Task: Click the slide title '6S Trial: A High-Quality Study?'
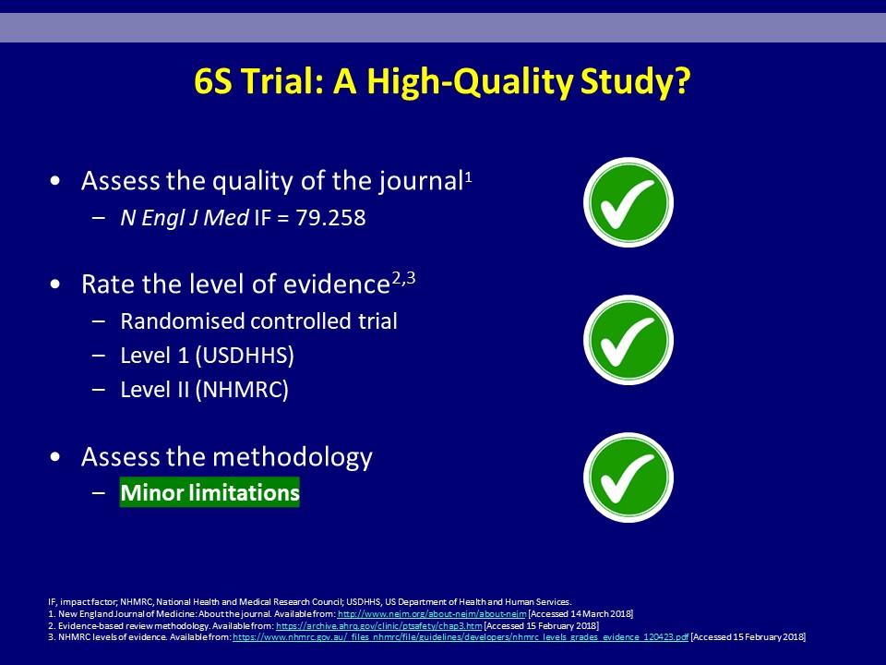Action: pos(442,81)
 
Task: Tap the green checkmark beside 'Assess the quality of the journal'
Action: pos(629,202)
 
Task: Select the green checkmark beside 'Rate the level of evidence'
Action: pos(629,340)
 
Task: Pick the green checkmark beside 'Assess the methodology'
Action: pos(629,478)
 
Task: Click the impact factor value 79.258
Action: pos(330,218)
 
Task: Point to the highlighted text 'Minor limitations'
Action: pos(210,492)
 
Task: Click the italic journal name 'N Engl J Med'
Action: pos(185,218)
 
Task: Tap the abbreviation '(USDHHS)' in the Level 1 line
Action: pos(245,356)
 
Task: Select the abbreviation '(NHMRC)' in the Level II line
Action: pos(242,390)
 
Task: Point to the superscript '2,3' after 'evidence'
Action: pos(403,278)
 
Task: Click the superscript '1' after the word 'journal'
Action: pos(468,177)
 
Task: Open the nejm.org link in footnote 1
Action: pos(432,614)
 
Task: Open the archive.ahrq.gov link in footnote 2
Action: pos(379,626)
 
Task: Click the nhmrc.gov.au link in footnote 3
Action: pos(461,637)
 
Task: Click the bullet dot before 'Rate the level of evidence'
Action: pos(54,284)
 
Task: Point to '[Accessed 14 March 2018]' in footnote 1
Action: pos(581,614)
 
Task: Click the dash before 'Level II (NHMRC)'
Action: pos(99,390)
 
